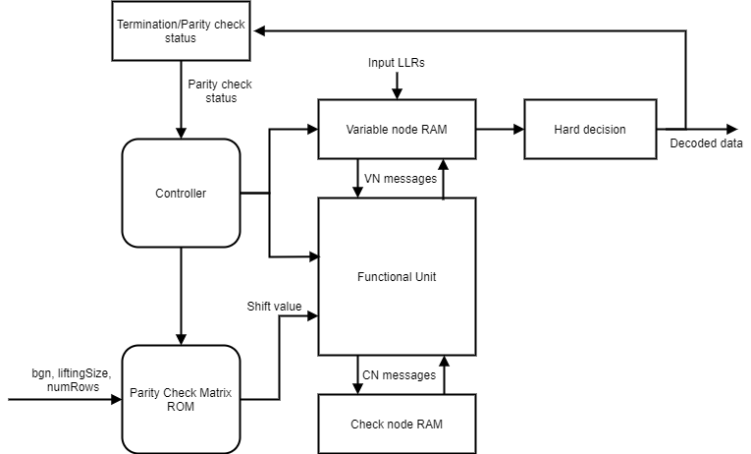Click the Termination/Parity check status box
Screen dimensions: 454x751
pyautogui.click(x=182, y=29)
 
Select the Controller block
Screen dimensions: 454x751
pyautogui.click(x=181, y=193)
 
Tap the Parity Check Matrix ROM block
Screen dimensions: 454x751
pyautogui.click(x=181, y=399)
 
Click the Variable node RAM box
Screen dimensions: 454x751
pyautogui.click(x=396, y=129)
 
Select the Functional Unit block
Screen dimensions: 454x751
pyautogui.click(x=396, y=276)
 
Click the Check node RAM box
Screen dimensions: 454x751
pyautogui.click(x=396, y=425)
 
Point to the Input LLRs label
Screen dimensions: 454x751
pyautogui.click(x=397, y=63)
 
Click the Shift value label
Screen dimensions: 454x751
pyautogui.click(x=275, y=306)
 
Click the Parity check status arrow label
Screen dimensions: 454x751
pyautogui.click(x=220, y=89)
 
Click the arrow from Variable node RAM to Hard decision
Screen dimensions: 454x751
pyautogui.click(x=500, y=129)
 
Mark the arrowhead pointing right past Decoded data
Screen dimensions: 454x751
pyautogui.click(x=732, y=129)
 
